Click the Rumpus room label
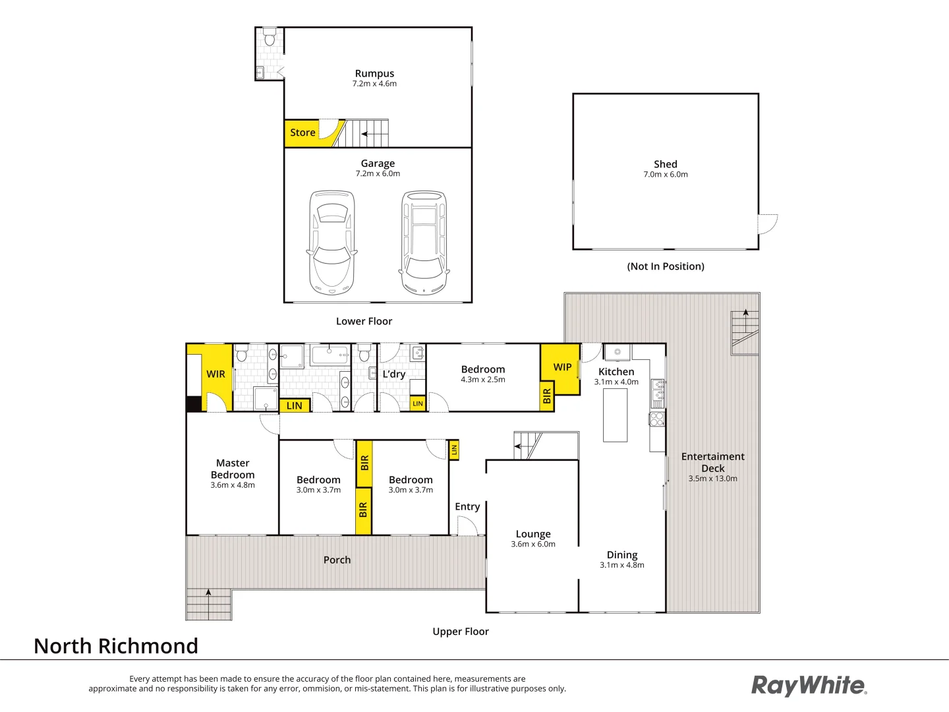pyautogui.click(x=374, y=74)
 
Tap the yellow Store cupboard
pyautogui.click(x=302, y=133)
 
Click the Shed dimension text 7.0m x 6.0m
pyautogui.click(x=665, y=175)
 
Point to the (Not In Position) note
pyautogui.click(x=665, y=266)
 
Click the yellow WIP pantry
pyautogui.click(x=561, y=367)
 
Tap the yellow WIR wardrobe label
pyautogui.click(x=216, y=374)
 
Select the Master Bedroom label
pyautogui.click(x=233, y=469)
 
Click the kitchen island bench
pyautogui.click(x=616, y=415)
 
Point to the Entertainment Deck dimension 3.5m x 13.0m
pyautogui.click(x=712, y=479)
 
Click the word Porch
pyautogui.click(x=337, y=560)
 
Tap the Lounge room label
pyautogui.click(x=533, y=534)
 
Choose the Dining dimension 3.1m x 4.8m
pyautogui.click(x=621, y=565)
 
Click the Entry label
pyautogui.click(x=467, y=506)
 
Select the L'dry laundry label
pyautogui.click(x=393, y=374)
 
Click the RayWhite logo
pyautogui.click(x=809, y=685)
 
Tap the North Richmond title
pyautogui.click(x=116, y=646)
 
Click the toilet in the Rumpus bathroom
pyautogui.click(x=270, y=38)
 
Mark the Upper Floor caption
pyautogui.click(x=460, y=632)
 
